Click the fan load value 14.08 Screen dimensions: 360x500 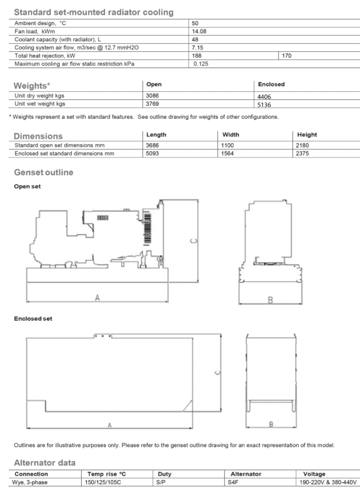[x=199, y=31]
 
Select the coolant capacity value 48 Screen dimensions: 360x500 [x=195, y=39]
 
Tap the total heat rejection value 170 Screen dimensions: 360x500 [x=287, y=56]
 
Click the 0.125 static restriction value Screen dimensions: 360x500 [x=201, y=64]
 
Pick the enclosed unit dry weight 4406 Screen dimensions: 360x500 [x=264, y=97]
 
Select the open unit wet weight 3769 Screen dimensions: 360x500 [x=152, y=104]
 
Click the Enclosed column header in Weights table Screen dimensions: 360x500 [x=271, y=84]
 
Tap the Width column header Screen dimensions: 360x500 [x=231, y=134]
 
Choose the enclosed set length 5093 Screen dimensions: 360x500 [x=152, y=153]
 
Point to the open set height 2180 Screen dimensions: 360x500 [x=302, y=146]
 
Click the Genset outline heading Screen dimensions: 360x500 [x=44, y=172]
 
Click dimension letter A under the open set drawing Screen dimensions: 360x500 [x=97, y=297]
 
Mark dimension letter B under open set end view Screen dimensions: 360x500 [x=271, y=300]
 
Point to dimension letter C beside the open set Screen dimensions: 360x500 [x=194, y=241]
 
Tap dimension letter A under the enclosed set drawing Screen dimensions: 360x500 [x=109, y=425]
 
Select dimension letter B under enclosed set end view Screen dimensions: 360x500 [x=271, y=424]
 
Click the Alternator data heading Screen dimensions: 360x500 [x=44, y=462]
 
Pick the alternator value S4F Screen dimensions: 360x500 [x=232, y=482]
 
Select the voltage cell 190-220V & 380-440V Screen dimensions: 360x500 [x=327, y=482]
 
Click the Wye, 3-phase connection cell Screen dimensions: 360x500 [x=29, y=482]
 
